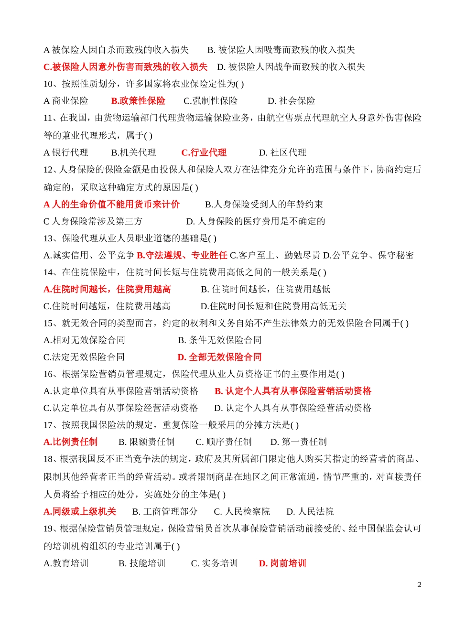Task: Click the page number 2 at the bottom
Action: pyautogui.click(x=420, y=584)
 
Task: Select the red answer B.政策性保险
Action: pyautogui.click(x=138, y=101)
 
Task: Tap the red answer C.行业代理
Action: pyautogui.click(x=204, y=152)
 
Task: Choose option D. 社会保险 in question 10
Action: pyautogui.click(x=292, y=101)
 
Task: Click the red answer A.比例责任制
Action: pyautogui.click(x=70, y=442)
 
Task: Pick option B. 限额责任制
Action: pyautogui.click(x=147, y=442)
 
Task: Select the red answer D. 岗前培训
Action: pyautogui.click(x=282, y=563)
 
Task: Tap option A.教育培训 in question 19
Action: pyautogui.click(x=66, y=563)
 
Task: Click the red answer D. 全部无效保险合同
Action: pyautogui.click(x=219, y=357)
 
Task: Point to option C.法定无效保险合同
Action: pyautogui.click(x=84, y=357)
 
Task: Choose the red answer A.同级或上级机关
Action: pyautogui.click(x=80, y=512)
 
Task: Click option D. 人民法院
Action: pyautogui.click(x=310, y=512)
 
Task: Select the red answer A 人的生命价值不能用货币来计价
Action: pyautogui.click(x=111, y=205)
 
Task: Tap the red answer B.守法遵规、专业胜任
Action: pyautogui.click(x=182, y=255)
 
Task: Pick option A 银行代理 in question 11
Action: pyautogui.click(x=66, y=152)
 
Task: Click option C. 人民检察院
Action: pyautogui.click(x=242, y=512)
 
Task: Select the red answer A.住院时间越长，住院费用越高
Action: pyautogui.click(x=107, y=289)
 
